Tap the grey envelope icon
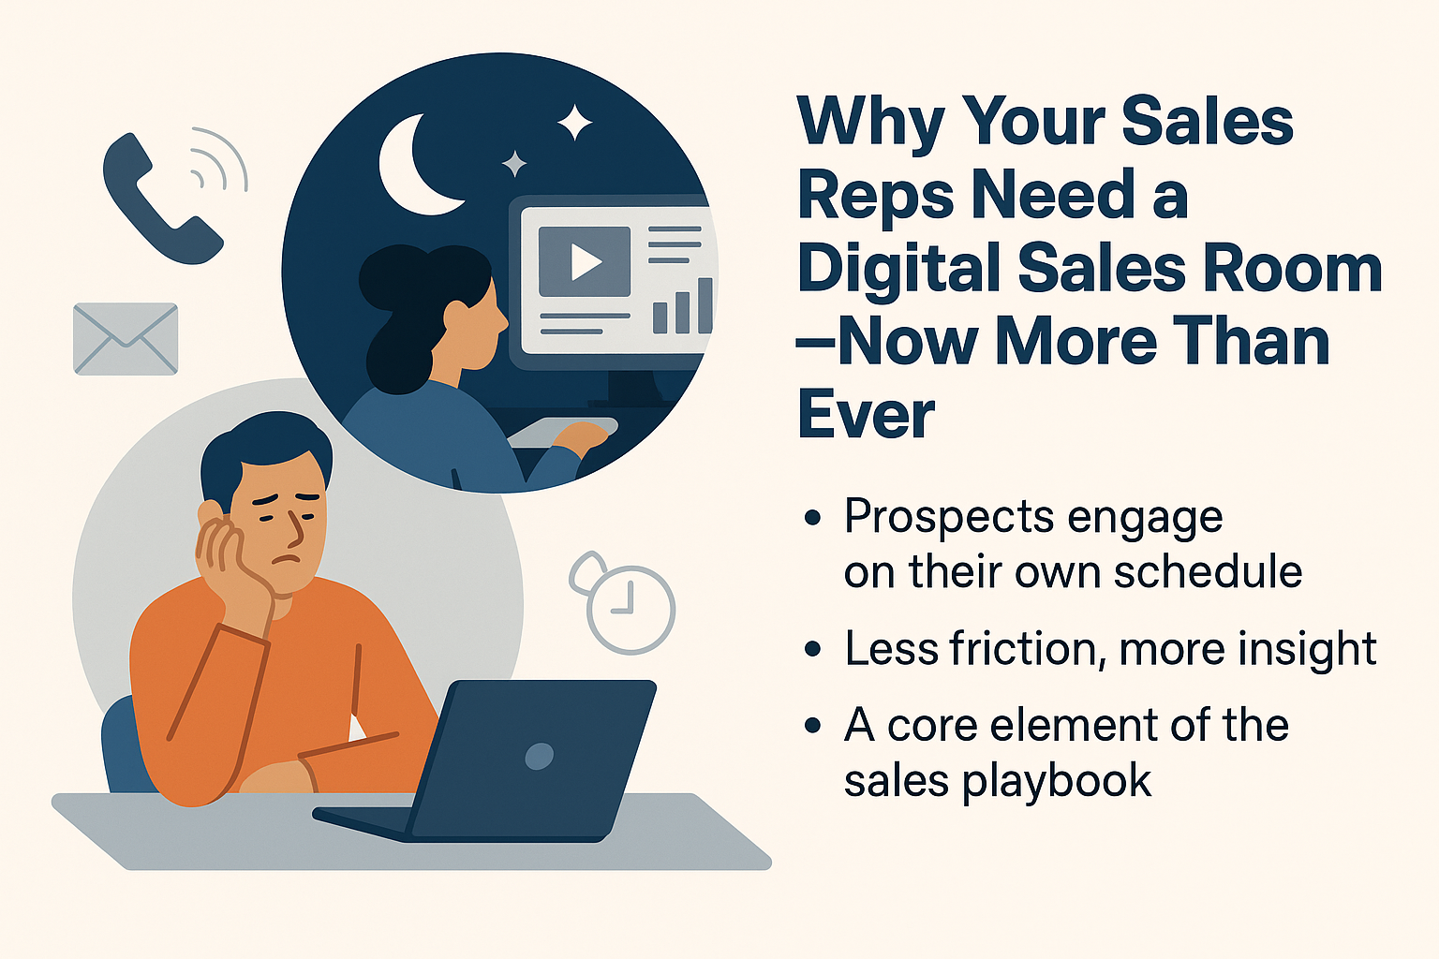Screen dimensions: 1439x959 tap(126, 338)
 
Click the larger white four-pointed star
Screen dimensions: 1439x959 tap(574, 122)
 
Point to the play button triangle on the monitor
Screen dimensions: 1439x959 tap(585, 261)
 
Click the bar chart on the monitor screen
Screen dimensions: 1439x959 tap(682, 306)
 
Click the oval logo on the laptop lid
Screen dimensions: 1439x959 tap(539, 756)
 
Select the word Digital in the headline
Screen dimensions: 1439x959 tap(900, 269)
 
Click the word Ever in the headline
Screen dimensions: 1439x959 tap(866, 413)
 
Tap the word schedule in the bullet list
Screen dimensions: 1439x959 tap(1208, 571)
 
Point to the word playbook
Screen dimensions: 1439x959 tap(1056, 783)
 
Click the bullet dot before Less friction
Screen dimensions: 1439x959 tap(812, 649)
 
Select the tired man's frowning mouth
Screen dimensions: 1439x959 tap(287, 559)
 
